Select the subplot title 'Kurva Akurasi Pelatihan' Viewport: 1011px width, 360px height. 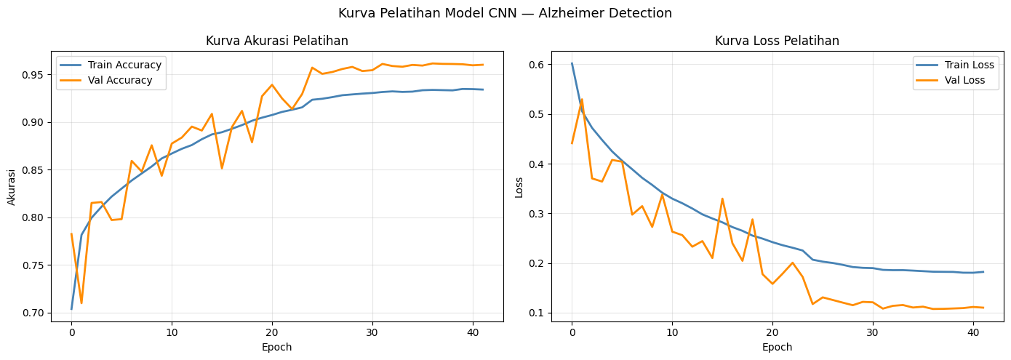point(276,41)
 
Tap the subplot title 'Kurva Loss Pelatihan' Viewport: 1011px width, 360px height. point(777,41)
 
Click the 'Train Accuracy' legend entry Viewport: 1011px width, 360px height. point(124,65)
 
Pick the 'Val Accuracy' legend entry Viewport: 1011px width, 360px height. point(120,80)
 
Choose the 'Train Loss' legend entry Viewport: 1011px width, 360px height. point(968,65)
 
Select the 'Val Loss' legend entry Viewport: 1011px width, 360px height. point(964,80)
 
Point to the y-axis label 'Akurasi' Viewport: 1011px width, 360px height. point(12,186)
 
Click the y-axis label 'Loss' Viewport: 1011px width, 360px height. point(519,186)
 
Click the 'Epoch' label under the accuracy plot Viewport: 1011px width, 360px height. point(276,347)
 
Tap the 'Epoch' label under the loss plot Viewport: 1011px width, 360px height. point(777,347)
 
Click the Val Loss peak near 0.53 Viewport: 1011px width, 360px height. point(582,100)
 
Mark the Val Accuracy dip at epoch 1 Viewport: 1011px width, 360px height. point(81,303)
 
